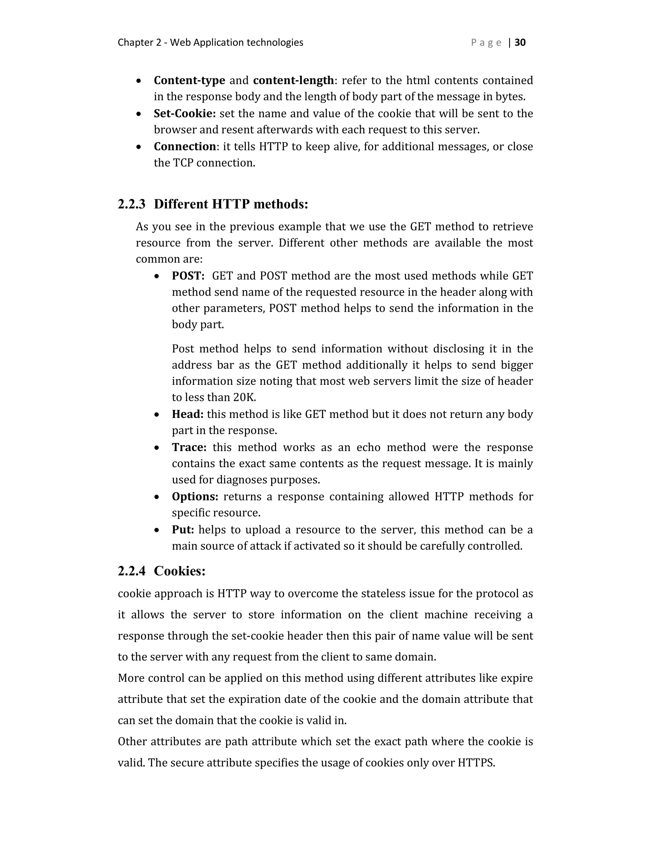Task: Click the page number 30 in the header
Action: [x=520, y=42]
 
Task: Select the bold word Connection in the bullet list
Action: [x=185, y=147]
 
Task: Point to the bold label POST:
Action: [x=188, y=276]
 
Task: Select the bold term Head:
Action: [x=187, y=414]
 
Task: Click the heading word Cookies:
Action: [x=180, y=571]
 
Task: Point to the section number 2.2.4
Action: [x=131, y=571]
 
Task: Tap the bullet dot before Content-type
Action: [x=139, y=81]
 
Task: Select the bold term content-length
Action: [x=293, y=80]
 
